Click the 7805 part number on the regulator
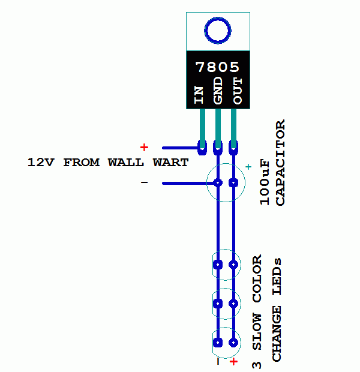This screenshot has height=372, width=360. (217, 67)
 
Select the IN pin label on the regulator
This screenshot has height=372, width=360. (199, 95)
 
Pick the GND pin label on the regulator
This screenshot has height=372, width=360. (218, 91)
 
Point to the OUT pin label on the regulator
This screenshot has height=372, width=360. (238, 91)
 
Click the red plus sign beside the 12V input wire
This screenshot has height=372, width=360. (144, 148)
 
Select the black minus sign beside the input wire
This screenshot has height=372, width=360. (144, 182)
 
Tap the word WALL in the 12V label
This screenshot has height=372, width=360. (126, 163)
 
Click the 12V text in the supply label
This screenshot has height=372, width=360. (41, 163)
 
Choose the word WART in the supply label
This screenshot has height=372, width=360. (170, 163)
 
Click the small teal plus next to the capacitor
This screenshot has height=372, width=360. (248, 167)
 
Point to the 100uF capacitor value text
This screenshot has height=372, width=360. (265, 183)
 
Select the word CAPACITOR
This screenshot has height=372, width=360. (280, 163)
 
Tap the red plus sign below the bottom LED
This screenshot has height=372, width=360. (234, 362)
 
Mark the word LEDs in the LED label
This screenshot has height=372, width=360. (277, 277)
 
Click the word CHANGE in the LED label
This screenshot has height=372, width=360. (277, 334)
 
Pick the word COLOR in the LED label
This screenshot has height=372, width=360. (257, 278)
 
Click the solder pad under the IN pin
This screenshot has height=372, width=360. (202, 148)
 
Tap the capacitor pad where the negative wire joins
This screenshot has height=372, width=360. (218, 182)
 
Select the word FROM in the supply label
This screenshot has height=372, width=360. (81, 163)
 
